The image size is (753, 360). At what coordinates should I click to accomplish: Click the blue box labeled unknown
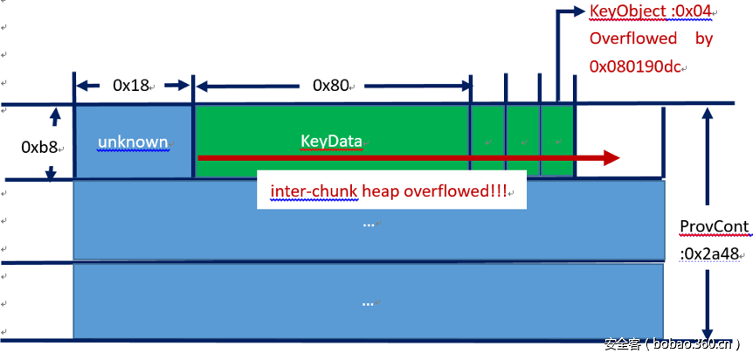(133, 142)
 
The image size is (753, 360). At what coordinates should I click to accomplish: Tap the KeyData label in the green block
(331, 141)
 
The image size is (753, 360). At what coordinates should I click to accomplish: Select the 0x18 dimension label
(131, 86)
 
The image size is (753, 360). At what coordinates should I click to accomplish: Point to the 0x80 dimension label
(331, 86)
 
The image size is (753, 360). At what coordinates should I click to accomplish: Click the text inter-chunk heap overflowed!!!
(391, 191)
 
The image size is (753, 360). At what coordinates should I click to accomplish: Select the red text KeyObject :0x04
(651, 12)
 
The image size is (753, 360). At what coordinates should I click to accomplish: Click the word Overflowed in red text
(633, 38)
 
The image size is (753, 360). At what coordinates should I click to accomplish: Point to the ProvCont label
(715, 227)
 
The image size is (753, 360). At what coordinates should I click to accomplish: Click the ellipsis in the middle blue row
(368, 223)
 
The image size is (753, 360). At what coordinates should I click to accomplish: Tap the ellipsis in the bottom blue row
(368, 301)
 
